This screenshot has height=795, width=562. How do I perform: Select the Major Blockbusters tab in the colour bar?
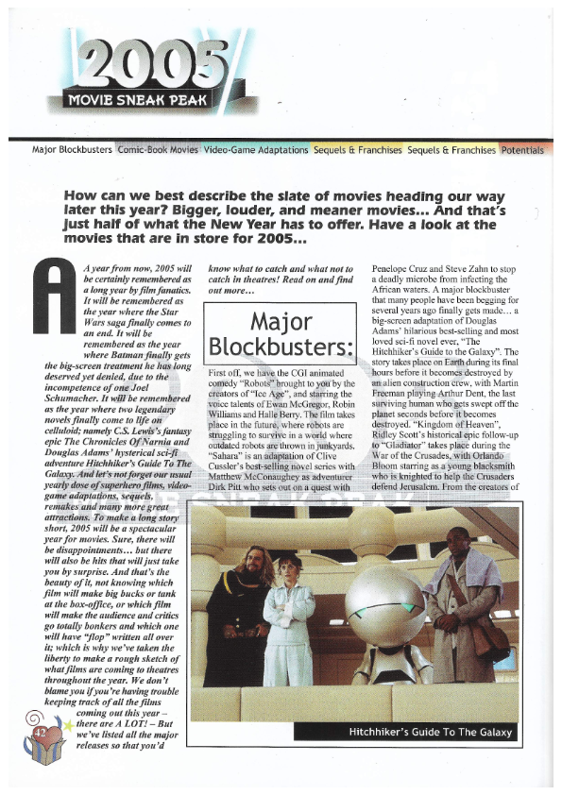73,149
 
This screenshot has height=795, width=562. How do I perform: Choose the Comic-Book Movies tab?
158,149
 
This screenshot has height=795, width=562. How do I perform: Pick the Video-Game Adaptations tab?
256,149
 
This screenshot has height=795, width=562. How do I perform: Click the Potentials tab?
522,149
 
